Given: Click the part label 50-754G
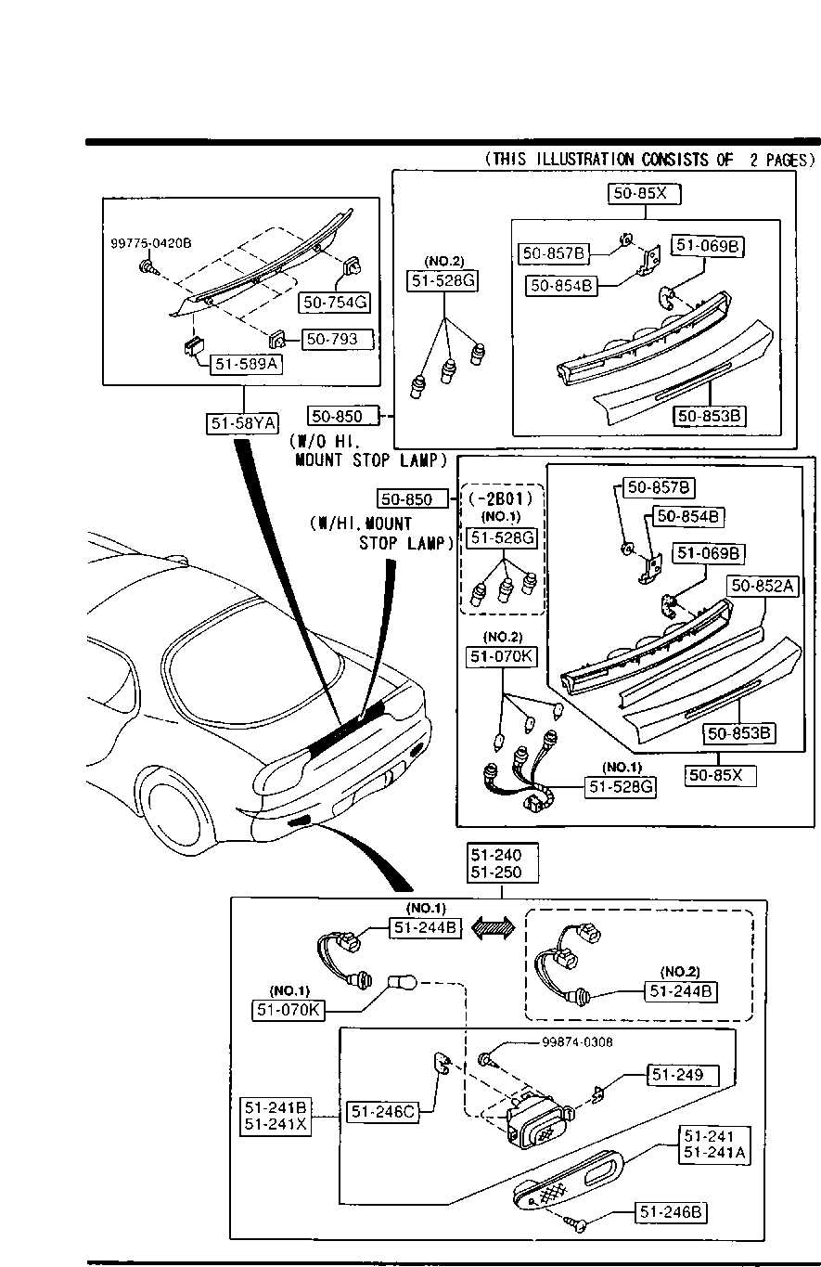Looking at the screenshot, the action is [x=335, y=303].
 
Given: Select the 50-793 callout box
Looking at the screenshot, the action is [x=338, y=340].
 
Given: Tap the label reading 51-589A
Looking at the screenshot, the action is [x=246, y=364].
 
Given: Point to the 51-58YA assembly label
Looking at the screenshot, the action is [x=242, y=423].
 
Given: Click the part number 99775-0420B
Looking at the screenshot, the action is [x=151, y=243].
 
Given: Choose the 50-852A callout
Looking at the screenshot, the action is [x=763, y=586].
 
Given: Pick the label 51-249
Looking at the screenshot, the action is [x=684, y=1075].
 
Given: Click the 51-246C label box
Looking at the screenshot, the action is [x=383, y=1112].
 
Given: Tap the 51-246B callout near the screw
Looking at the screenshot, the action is [x=671, y=1211].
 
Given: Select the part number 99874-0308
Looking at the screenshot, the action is [x=577, y=1042].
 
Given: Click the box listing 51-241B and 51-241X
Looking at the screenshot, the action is [x=276, y=1115].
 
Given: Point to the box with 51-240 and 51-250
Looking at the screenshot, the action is [x=503, y=863].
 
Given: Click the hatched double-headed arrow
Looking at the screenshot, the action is [x=493, y=928].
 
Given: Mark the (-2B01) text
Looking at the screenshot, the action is [x=501, y=498].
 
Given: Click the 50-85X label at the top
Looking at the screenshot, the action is [x=644, y=193].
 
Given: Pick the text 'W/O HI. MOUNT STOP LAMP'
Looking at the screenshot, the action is [x=367, y=451].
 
